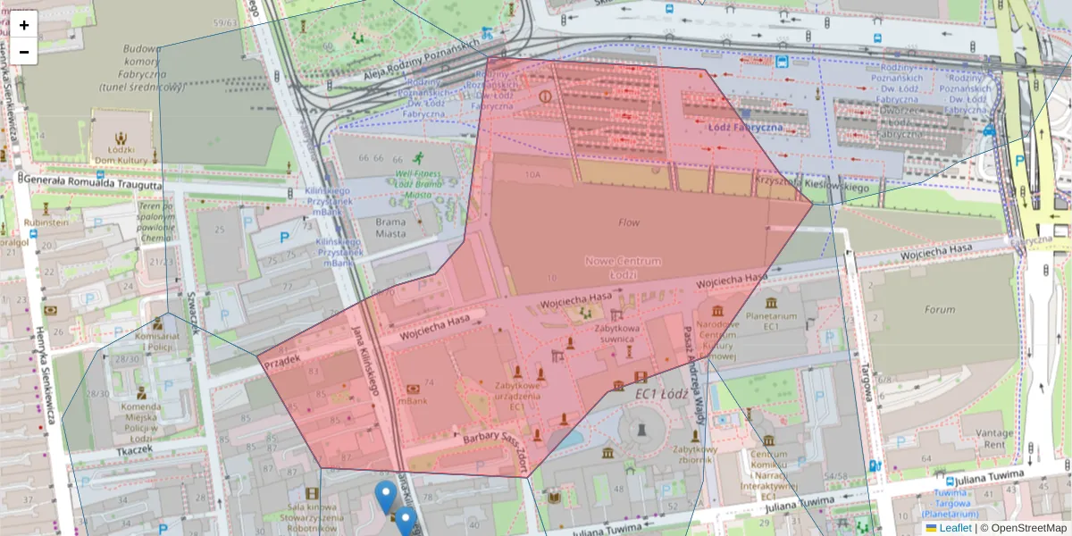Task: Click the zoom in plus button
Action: point(24,24)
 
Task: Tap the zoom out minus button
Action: point(24,52)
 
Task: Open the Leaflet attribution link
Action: point(955,528)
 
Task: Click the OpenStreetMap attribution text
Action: point(1027,528)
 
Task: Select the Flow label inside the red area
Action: point(629,222)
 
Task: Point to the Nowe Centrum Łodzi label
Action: point(624,266)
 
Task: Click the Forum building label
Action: point(940,310)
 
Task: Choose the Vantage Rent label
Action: point(983,438)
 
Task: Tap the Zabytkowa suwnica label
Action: point(614,333)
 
